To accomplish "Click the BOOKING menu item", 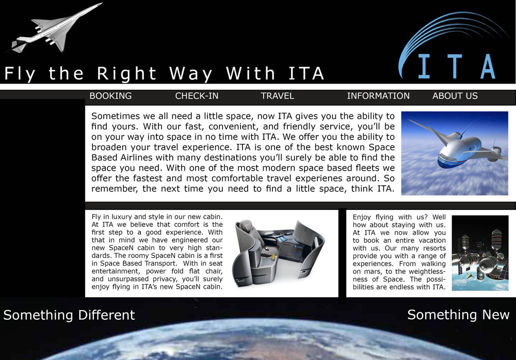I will [110, 96].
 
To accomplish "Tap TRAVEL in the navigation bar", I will [277, 96].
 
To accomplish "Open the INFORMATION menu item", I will [378, 96].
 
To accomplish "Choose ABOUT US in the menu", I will [455, 96].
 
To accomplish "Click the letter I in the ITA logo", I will [424, 66].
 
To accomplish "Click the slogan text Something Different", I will [69, 315].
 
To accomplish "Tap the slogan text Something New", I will [458, 315].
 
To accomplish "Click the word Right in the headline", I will [126, 73].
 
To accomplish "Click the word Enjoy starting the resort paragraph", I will [363, 218].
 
